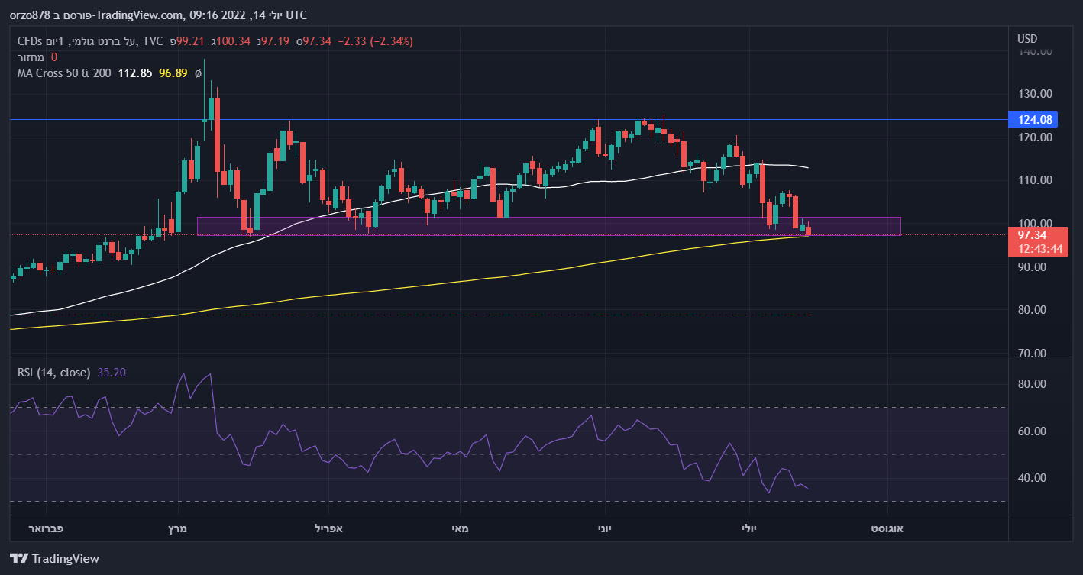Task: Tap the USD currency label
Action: point(1027,39)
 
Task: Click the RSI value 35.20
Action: point(112,373)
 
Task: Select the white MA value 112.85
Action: point(134,73)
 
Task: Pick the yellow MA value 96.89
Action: point(173,73)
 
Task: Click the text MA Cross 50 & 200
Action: point(64,73)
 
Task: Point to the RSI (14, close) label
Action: point(54,373)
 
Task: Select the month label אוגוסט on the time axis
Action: point(888,528)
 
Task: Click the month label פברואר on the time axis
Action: point(46,528)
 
